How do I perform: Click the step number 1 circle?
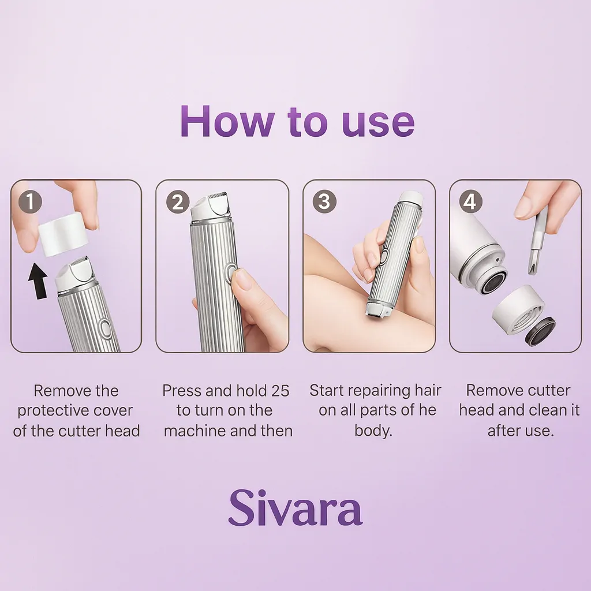(x=30, y=202)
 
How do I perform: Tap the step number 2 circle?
(x=178, y=202)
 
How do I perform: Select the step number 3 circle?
(x=324, y=202)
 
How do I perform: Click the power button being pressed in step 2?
(x=231, y=274)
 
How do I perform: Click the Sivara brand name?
(x=295, y=507)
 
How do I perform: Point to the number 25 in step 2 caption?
(x=279, y=391)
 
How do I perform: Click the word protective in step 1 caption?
(x=75, y=411)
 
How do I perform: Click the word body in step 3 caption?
(x=372, y=431)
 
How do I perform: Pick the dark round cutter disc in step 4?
(x=540, y=331)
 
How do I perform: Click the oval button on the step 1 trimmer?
(x=105, y=328)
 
